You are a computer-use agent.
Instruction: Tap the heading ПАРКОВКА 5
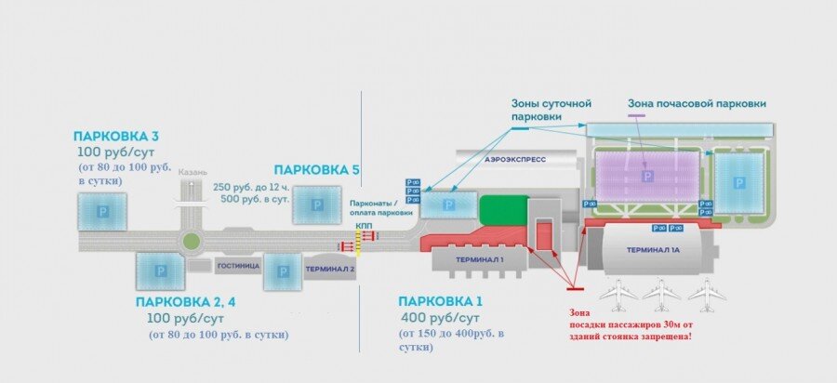(x=316, y=169)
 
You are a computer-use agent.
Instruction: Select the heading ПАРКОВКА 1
(x=440, y=301)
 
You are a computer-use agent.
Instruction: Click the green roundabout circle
(x=192, y=241)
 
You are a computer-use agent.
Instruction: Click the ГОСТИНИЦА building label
(x=236, y=265)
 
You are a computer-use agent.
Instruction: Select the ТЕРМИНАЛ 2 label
(x=330, y=270)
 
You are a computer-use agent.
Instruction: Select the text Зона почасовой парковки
(x=703, y=104)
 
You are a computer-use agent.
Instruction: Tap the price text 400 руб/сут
(x=441, y=318)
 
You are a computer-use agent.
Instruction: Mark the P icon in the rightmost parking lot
(x=740, y=182)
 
